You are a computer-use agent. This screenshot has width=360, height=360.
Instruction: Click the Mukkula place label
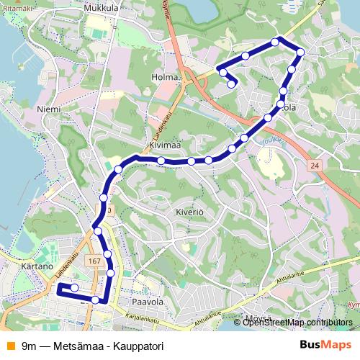click(101, 7)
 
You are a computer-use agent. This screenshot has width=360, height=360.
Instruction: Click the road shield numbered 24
click(314, 166)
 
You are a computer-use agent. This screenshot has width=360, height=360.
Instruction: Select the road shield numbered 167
click(94, 260)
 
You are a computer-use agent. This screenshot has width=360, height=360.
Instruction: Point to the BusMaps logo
click(326, 344)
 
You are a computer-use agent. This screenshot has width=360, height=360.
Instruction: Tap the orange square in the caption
click(9, 344)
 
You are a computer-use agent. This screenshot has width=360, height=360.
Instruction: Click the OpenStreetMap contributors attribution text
click(297, 322)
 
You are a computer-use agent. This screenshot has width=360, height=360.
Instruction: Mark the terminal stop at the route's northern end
click(231, 84)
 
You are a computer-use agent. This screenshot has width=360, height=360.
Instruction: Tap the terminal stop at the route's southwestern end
click(73, 288)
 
